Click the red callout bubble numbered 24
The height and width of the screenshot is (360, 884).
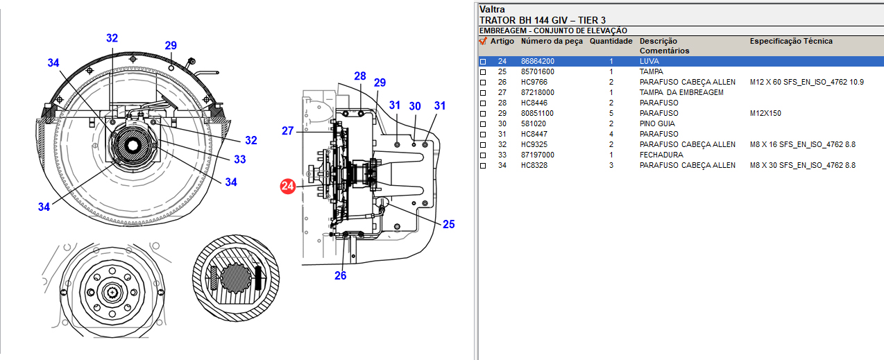[288, 186]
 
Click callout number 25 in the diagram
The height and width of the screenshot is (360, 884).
[449, 224]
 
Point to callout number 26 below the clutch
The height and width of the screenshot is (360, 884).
[340, 275]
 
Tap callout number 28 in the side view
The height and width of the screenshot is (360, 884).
[359, 76]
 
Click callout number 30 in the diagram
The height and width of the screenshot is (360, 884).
[415, 106]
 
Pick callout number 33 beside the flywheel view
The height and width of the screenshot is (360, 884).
[239, 160]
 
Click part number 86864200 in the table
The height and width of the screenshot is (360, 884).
[538, 62]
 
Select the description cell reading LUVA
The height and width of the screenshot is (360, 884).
[649, 62]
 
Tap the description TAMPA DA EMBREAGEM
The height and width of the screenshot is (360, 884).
[681, 93]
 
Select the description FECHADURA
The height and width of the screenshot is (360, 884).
[661, 155]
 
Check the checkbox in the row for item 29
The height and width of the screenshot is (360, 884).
[483, 114]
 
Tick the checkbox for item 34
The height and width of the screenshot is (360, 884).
[483, 166]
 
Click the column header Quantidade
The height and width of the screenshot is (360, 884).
[611, 42]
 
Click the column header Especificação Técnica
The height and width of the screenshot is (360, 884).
[791, 42]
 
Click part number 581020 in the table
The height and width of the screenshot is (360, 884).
[533, 124]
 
